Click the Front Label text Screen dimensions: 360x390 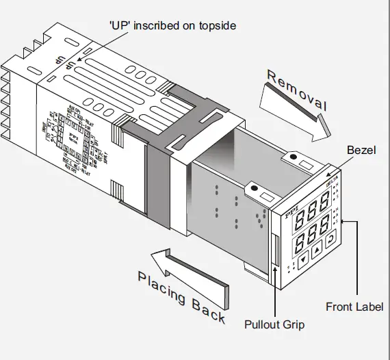tap(354, 307)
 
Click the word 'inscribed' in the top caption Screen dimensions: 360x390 tap(167, 25)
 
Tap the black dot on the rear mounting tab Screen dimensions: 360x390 tap(293, 157)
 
